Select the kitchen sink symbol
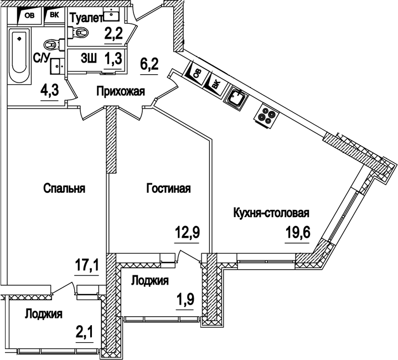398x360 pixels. [237, 98]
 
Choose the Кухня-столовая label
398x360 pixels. [271, 213]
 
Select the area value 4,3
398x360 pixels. [50, 89]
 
